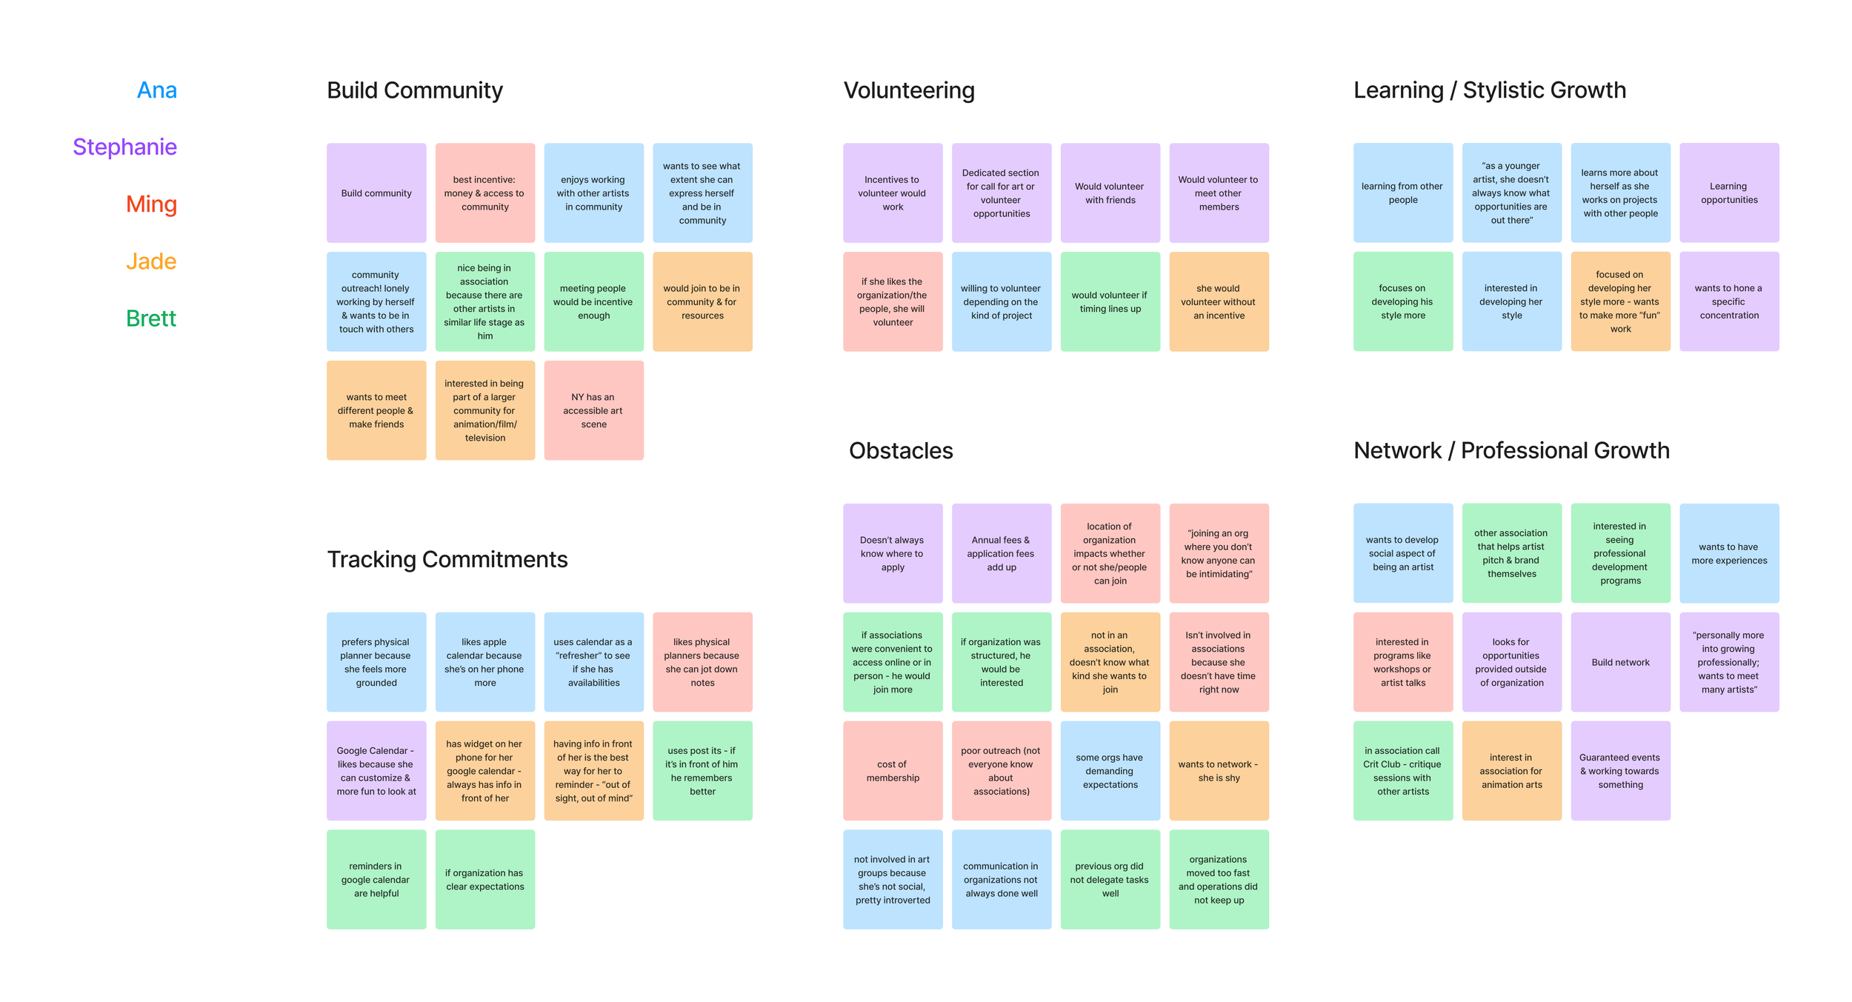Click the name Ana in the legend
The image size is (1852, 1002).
[156, 90]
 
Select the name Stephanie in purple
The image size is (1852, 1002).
[124, 147]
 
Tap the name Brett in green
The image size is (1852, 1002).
[150, 318]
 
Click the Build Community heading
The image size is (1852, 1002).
[414, 90]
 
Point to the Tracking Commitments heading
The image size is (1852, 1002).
[447, 559]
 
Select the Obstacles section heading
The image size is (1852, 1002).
[900, 450]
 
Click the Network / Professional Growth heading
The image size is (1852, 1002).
[1510, 450]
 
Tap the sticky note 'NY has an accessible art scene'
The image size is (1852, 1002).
[593, 410]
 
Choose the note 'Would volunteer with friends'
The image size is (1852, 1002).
[1110, 193]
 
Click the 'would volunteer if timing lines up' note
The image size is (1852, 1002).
[1110, 301]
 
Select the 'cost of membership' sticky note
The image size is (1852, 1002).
[892, 770]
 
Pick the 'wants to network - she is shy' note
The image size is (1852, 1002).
[1218, 770]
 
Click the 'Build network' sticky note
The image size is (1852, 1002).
[1620, 662]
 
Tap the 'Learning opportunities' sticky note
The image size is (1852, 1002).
[1728, 193]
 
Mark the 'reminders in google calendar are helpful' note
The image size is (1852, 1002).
[376, 879]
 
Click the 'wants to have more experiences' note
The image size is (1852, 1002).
[1728, 553]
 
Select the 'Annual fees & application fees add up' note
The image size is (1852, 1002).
[1001, 553]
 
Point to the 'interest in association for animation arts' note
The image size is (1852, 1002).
[1511, 770]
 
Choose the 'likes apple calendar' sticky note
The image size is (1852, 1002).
[484, 662]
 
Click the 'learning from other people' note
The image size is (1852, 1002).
[1402, 193]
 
